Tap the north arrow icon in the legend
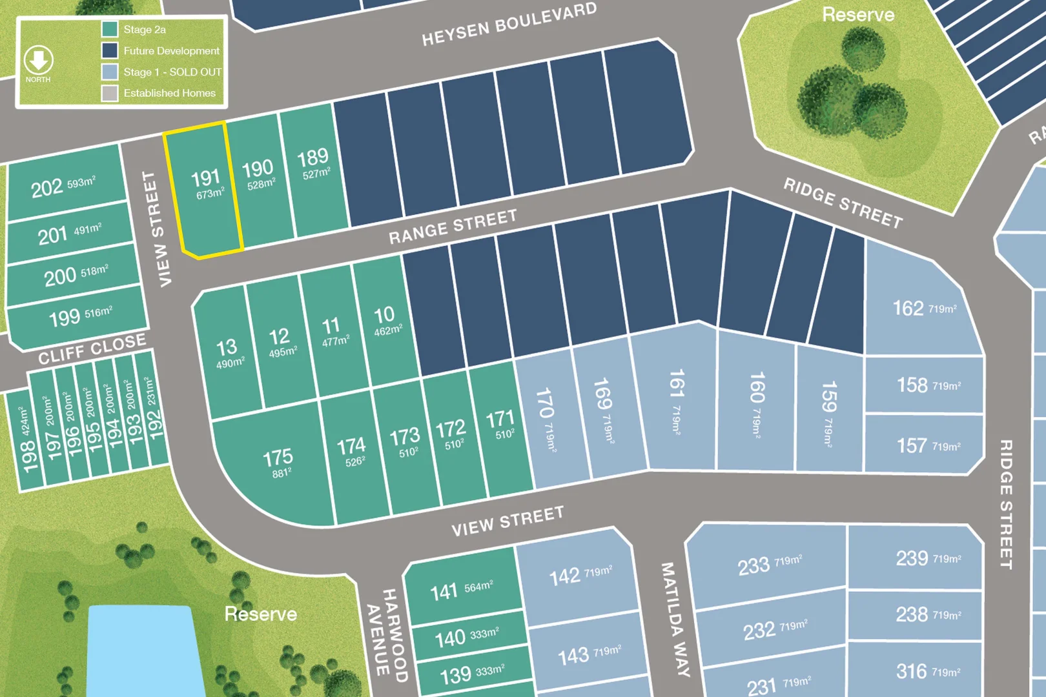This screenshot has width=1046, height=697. click(38, 61)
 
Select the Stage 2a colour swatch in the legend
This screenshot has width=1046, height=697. click(109, 29)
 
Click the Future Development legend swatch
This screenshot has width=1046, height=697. click(109, 50)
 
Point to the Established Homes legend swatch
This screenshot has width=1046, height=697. click(109, 93)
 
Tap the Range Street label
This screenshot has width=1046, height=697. click(453, 227)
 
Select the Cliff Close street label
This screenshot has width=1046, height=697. click(92, 349)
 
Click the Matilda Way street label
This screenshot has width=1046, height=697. click(675, 619)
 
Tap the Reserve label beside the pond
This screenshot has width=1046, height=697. click(260, 614)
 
